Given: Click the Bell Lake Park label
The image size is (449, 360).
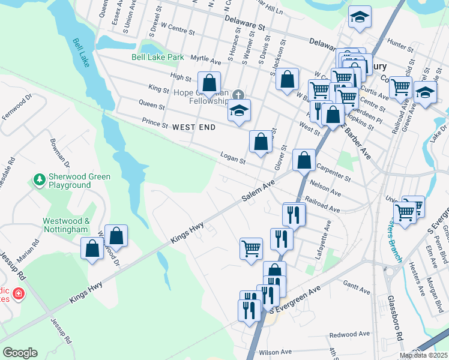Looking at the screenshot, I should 158,58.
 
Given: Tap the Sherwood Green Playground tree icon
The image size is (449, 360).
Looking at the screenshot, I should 40,179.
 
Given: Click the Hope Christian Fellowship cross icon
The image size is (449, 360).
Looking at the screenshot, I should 238,95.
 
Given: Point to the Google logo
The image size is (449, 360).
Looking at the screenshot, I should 20,352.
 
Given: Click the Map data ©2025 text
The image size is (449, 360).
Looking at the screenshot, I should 424,355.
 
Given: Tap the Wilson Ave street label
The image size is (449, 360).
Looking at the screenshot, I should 274,352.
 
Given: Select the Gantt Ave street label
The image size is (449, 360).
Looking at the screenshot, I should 357,286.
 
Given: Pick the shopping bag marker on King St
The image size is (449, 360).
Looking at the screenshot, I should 209,83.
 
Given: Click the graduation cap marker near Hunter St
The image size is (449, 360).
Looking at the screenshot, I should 360,17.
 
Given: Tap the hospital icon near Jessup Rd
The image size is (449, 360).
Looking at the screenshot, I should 19,294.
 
